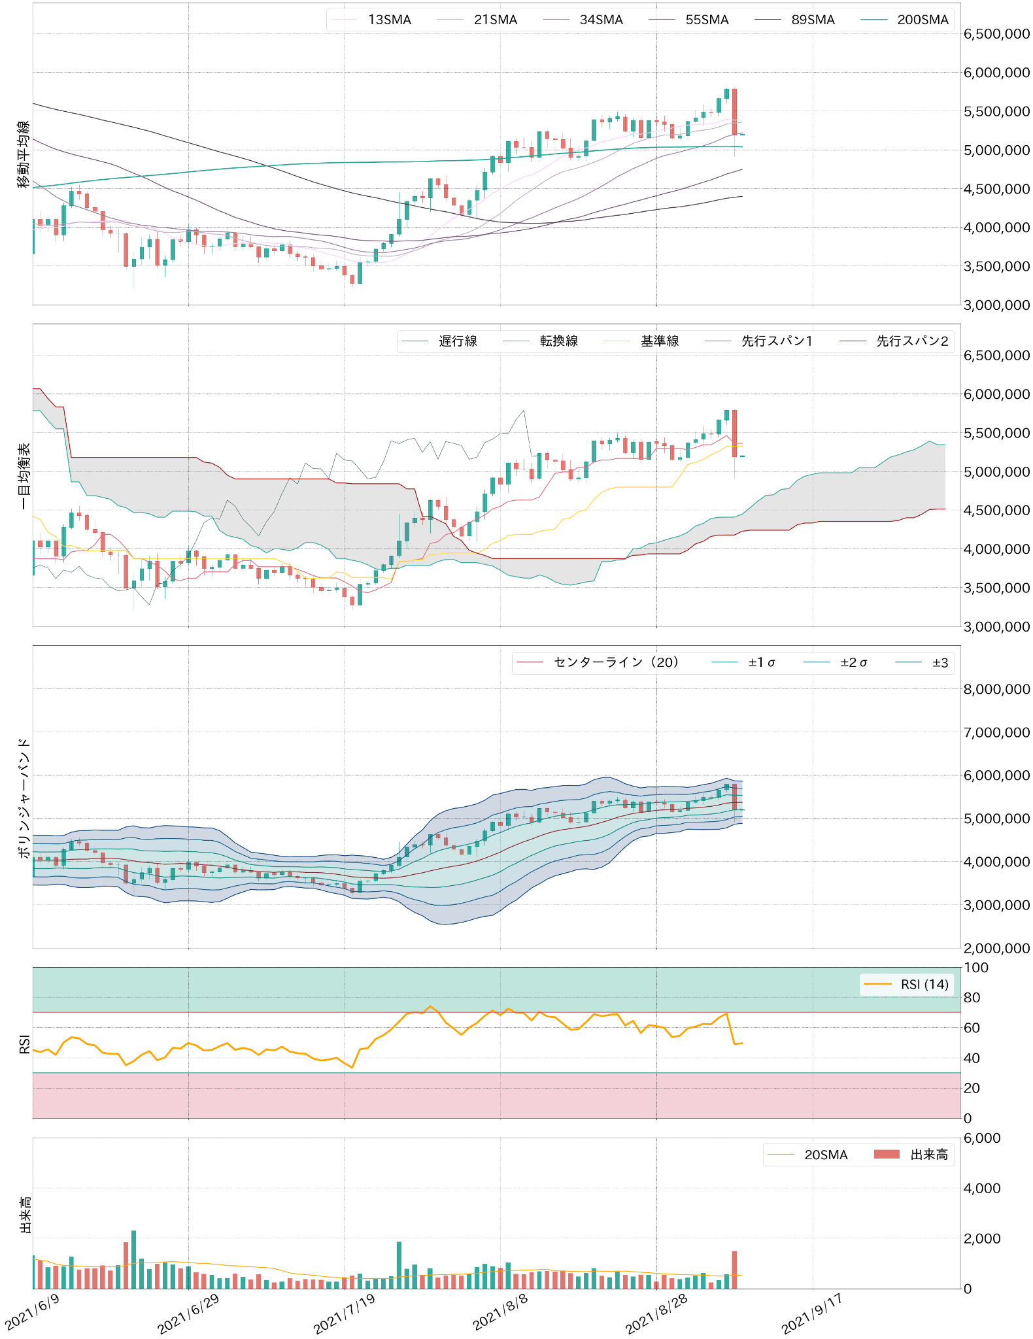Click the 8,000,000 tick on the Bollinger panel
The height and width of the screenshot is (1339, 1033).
pyautogui.click(x=996, y=688)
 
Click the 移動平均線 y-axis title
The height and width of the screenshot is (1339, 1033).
pyautogui.click(x=24, y=154)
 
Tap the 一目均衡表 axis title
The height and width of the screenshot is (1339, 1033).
pyautogui.click(x=24, y=476)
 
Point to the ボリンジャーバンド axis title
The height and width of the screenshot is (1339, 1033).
pyautogui.click(x=24, y=798)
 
